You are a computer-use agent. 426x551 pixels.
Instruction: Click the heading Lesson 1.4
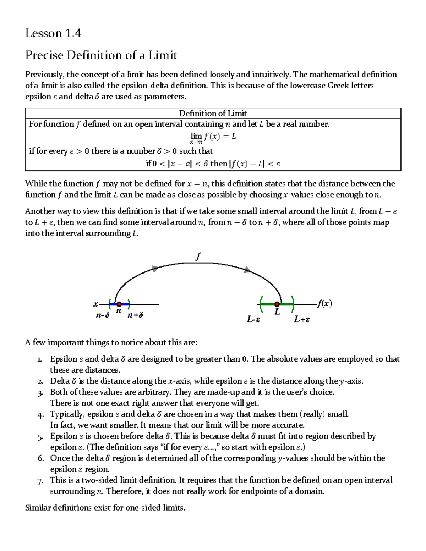coord(53,33)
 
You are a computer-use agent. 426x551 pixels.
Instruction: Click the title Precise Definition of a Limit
coord(101,55)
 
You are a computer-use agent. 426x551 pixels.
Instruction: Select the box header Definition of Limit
coord(213,113)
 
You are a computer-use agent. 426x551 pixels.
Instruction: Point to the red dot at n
coord(119,304)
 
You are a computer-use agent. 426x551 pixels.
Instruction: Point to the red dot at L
coord(277,304)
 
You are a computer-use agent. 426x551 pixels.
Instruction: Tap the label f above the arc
coord(198,256)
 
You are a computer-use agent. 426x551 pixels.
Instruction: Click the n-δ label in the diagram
coord(103,315)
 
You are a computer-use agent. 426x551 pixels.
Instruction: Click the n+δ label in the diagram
coord(135,315)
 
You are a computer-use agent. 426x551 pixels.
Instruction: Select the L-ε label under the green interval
coord(254,319)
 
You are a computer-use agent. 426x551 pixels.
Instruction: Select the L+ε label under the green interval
coord(302,319)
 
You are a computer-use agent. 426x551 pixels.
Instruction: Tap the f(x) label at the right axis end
coord(324,303)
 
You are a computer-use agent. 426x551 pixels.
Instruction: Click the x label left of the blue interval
coord(95,304)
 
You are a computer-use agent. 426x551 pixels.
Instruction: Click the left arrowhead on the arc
coord(155,268)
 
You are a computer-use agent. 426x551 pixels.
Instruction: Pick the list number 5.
coord(40,437)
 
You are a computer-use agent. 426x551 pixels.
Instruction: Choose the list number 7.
coord(40,481)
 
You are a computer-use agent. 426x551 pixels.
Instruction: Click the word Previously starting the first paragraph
coord(44,75)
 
